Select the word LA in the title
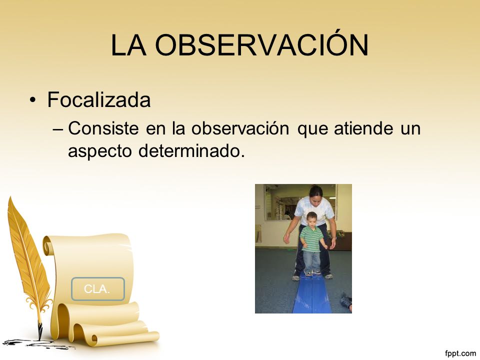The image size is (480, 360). pyautogui.click(x=128, y=44)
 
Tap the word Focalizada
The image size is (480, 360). pyautogui.click(x=99, y=99)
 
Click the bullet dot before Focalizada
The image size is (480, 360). pyautogui.click(x=33, y=100)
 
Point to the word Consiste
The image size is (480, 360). pyautogui.click(x=103, y=128)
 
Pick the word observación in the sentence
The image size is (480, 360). pyautogui.click(x=240, y=128)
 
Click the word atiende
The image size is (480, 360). pyautogui.click(x=363, y=128)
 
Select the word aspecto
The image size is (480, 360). pyautogui.click(x=100, y=151)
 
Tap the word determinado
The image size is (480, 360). pyautogui.click(x=192, y=150)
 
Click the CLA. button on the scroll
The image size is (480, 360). pyautogui.click(x=98, y=288)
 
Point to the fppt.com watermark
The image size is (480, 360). pyautogui.click(x=460, y=353)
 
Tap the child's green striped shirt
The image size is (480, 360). pyautogui.click(x=311, y=239)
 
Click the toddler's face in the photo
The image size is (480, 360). pyautogui.click(x=311, y=220)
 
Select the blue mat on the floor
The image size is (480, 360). pyautogui.click(x=311, y=293)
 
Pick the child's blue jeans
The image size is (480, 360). pyautogui.click(x=312, y=261)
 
